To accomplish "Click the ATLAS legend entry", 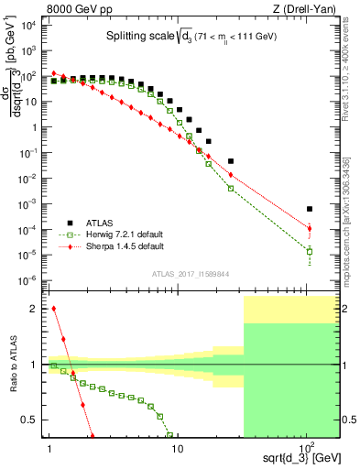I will pyautogui.click(x=102, y=222).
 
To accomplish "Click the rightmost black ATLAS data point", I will pyautogui.click(x=310, y=209).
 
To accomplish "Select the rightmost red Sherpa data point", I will pyautogui.click(x=310, y=228).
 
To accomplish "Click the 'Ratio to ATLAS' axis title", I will pyautogui.click(x=13, y=365).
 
